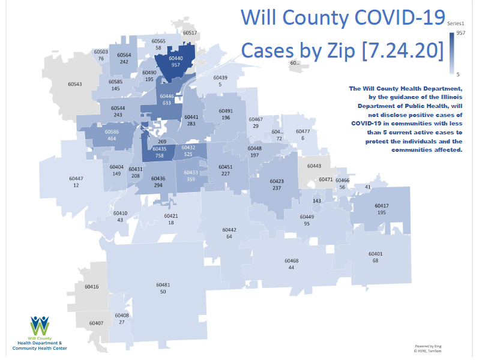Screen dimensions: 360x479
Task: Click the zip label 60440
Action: tap(176, 58)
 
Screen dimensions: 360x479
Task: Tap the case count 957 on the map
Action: tap(176, 65)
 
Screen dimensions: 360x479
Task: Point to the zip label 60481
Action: tap(163, 284)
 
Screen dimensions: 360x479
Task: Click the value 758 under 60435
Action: tap(159, 155)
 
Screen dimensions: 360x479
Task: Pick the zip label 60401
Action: tap(375, 254)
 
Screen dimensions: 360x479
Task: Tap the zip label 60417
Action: tap(382, 206)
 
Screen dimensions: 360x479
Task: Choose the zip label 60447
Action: tap(76, 178)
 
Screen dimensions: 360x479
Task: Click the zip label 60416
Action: tap(91, 287)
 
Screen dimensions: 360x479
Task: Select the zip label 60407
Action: tap(96, 323)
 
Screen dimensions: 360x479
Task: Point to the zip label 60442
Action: tap(229, 230)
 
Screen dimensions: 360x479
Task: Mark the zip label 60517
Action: tap(190, 32)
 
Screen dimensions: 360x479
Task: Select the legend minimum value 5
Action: tap(458, 74)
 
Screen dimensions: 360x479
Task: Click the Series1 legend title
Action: tap(456, 23)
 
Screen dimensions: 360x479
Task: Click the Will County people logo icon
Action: tap(40, 325)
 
